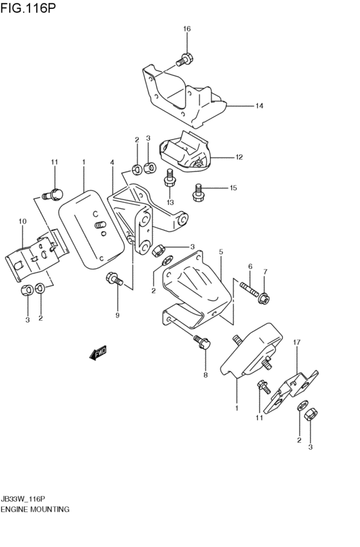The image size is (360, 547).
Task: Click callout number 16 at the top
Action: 186,29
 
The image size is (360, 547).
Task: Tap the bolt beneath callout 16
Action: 183,60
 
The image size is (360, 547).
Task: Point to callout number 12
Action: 239,156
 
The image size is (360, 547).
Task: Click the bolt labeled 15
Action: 199,190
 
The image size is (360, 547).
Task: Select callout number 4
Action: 112,163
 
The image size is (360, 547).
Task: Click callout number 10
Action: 22,222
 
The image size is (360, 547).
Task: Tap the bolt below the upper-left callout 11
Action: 53,192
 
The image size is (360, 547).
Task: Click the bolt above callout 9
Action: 114,280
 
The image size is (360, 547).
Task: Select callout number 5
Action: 221,252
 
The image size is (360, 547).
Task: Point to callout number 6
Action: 250,267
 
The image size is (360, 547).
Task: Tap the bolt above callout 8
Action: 202,342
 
